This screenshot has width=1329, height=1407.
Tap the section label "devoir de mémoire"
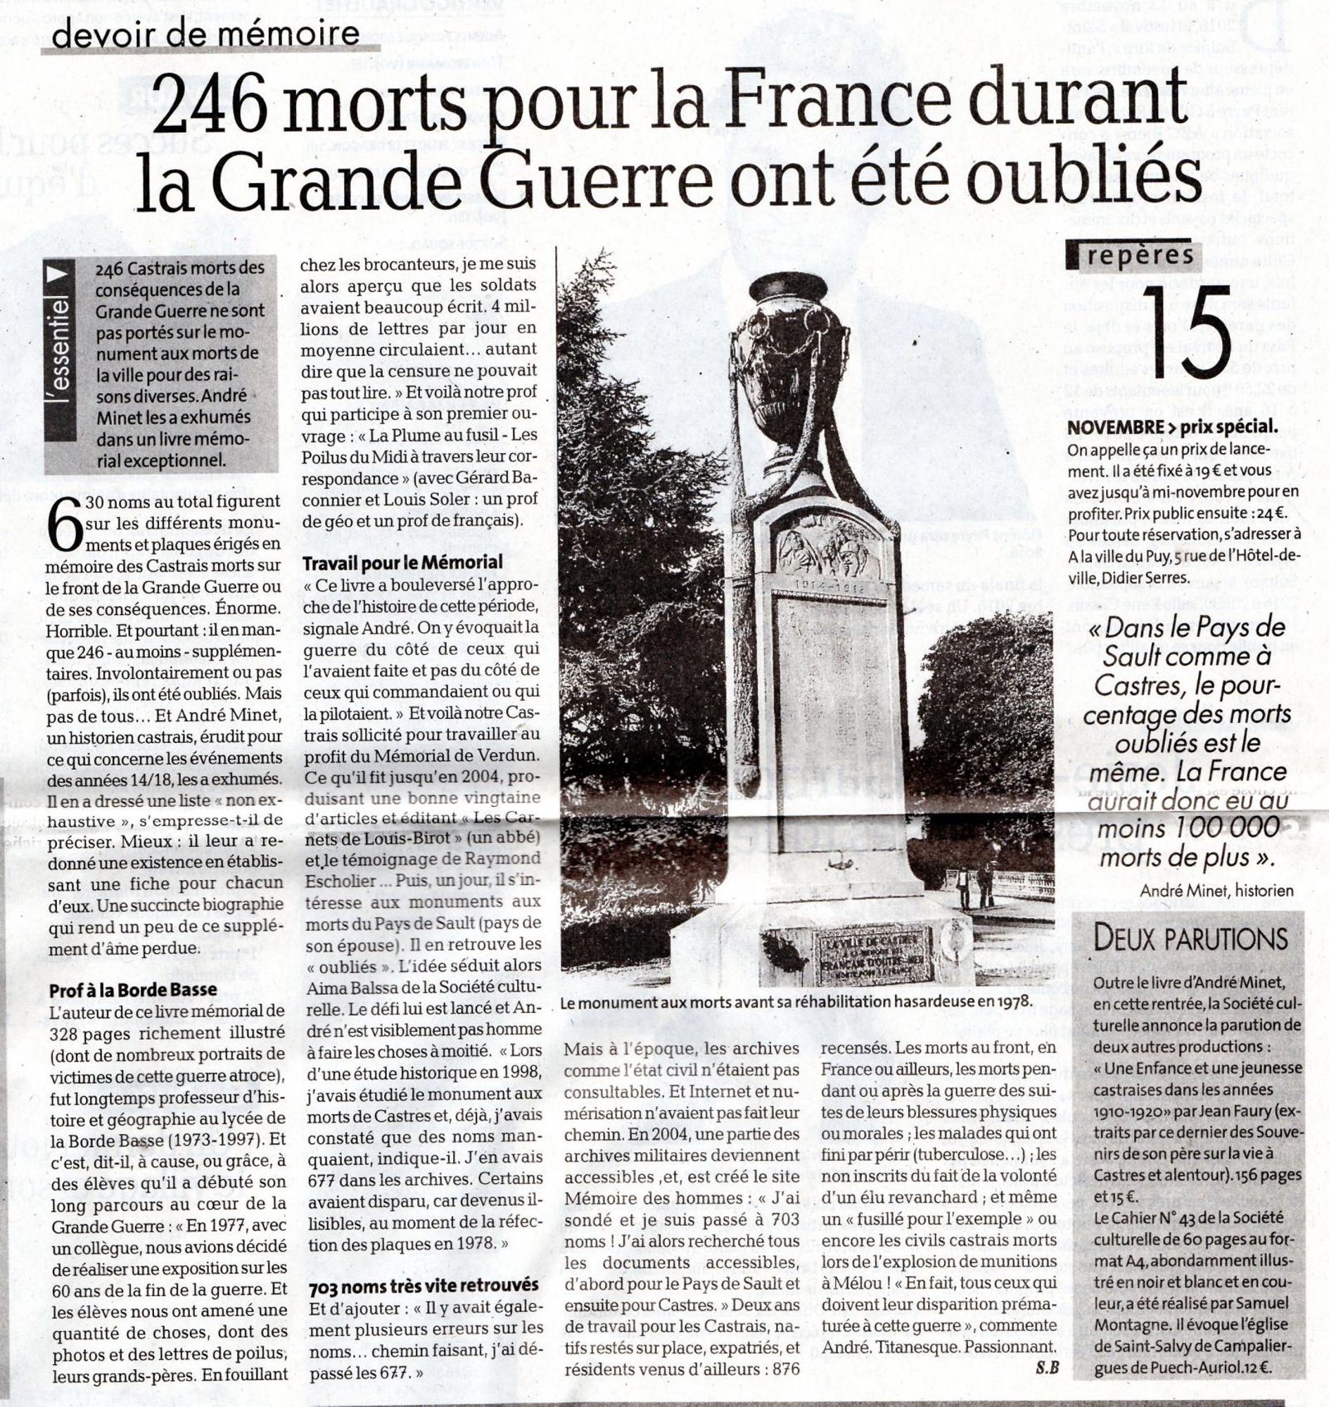205,34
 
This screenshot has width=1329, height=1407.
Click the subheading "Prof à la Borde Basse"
133,990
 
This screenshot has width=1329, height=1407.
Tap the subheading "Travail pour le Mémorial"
403,563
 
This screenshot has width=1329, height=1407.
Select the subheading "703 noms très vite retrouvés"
423,1285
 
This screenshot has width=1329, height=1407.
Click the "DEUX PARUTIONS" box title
1190,940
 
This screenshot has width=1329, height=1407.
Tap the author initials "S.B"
1046,1368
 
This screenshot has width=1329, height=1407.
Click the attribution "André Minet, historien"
1216,891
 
